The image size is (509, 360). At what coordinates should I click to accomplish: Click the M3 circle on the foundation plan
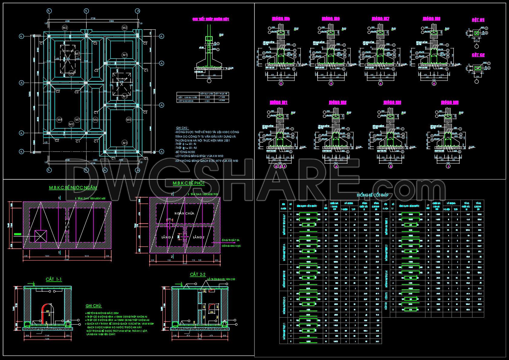(x=71, y=124)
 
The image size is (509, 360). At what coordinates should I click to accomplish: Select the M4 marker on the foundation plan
(x=72, y=74)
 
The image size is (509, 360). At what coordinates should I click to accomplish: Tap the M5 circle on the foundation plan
(x=129, y=120)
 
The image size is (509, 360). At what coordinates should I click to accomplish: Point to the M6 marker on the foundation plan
(x=96, y=120)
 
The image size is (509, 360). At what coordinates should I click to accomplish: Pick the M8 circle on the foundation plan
(x=60, y=120)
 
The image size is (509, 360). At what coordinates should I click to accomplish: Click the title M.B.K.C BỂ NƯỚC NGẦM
(x=73, y=188)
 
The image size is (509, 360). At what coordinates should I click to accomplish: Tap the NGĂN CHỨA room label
(x=184, y=213)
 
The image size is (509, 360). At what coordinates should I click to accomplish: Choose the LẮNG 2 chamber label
(x=199, y=237)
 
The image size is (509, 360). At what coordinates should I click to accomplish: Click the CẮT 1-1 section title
(x=54, y=279)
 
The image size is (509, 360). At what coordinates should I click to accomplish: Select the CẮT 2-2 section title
(x=198, y=274)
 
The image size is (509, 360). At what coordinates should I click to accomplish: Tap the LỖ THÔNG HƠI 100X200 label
(x=221, y=279)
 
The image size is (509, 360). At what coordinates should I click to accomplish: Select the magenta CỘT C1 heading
(x=478, y=20)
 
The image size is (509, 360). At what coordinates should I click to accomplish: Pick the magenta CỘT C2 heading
(x=478, y=55)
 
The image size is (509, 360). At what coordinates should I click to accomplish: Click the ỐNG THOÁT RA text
(x=230, y=240)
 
